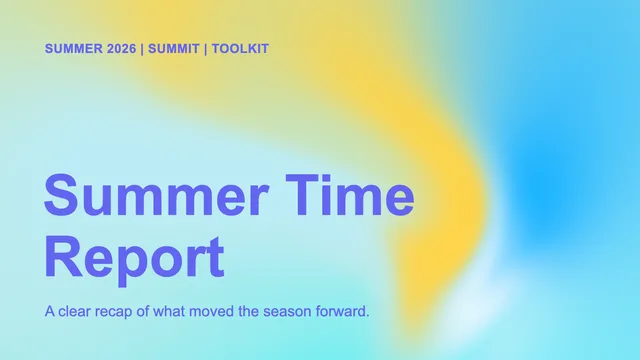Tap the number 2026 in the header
coord(121,49)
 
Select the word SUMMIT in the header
coord(173,49)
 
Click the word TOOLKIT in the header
coord(240,49)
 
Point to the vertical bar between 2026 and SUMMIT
coord(142,49)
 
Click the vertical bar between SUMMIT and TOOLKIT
coord(206,49)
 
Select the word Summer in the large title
coord(156,195)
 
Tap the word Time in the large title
coord(350,195)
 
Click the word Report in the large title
coord(134,257)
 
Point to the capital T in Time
coord(302,194)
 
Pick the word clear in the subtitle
coord(74,311)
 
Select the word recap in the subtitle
coord(114,313)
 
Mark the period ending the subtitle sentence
coord(367,316)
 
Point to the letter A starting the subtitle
coord(50,311)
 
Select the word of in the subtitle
coord(143,311)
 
